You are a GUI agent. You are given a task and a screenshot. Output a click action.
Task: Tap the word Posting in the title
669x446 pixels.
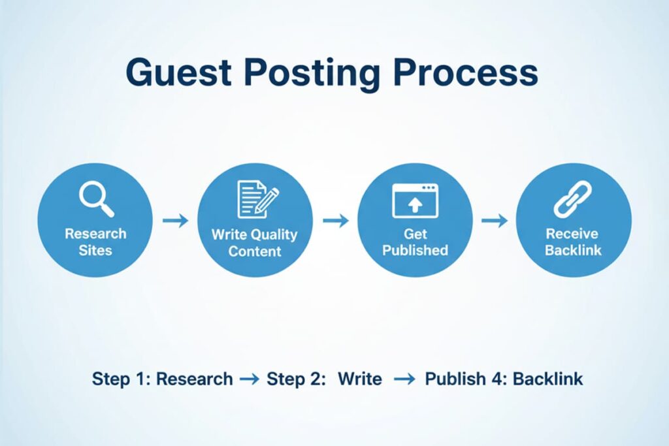pyautogui.click(x=317, y=74)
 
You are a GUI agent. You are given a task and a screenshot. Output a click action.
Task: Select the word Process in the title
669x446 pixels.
pyautogui.click(x=465, y=72)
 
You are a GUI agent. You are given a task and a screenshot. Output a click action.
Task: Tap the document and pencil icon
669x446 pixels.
pyautogui.click(x=255, y=200)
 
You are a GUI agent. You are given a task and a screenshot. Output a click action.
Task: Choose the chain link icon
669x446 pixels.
pyautogui.click(x=573, y=199)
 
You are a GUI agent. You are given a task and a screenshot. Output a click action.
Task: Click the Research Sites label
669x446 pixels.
pyautogui.click(x=95, y=242)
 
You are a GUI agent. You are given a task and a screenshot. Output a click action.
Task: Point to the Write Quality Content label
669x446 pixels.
pyautogui.click(x=254, y=242)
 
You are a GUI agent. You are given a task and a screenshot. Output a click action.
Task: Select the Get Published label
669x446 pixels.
pyautogui.click(x=415, y=242)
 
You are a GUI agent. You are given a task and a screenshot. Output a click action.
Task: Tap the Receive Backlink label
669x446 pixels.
pyautogui.click(x=574, y=242)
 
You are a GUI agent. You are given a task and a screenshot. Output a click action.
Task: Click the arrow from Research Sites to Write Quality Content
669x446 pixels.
pyautogui.click(x=175, y=221)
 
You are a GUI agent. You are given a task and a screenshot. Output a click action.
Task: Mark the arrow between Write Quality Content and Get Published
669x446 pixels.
pyautogui.click(x=335, y=221)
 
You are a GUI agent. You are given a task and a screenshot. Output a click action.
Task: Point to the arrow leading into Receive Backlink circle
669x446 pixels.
pyautogui.click(x=495, y=221)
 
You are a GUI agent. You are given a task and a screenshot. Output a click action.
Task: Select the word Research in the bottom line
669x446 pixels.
pyautogui.click(x=195, y=379)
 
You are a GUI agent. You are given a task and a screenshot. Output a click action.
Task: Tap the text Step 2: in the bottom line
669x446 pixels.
pyautogui.click(x=296, y=379)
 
